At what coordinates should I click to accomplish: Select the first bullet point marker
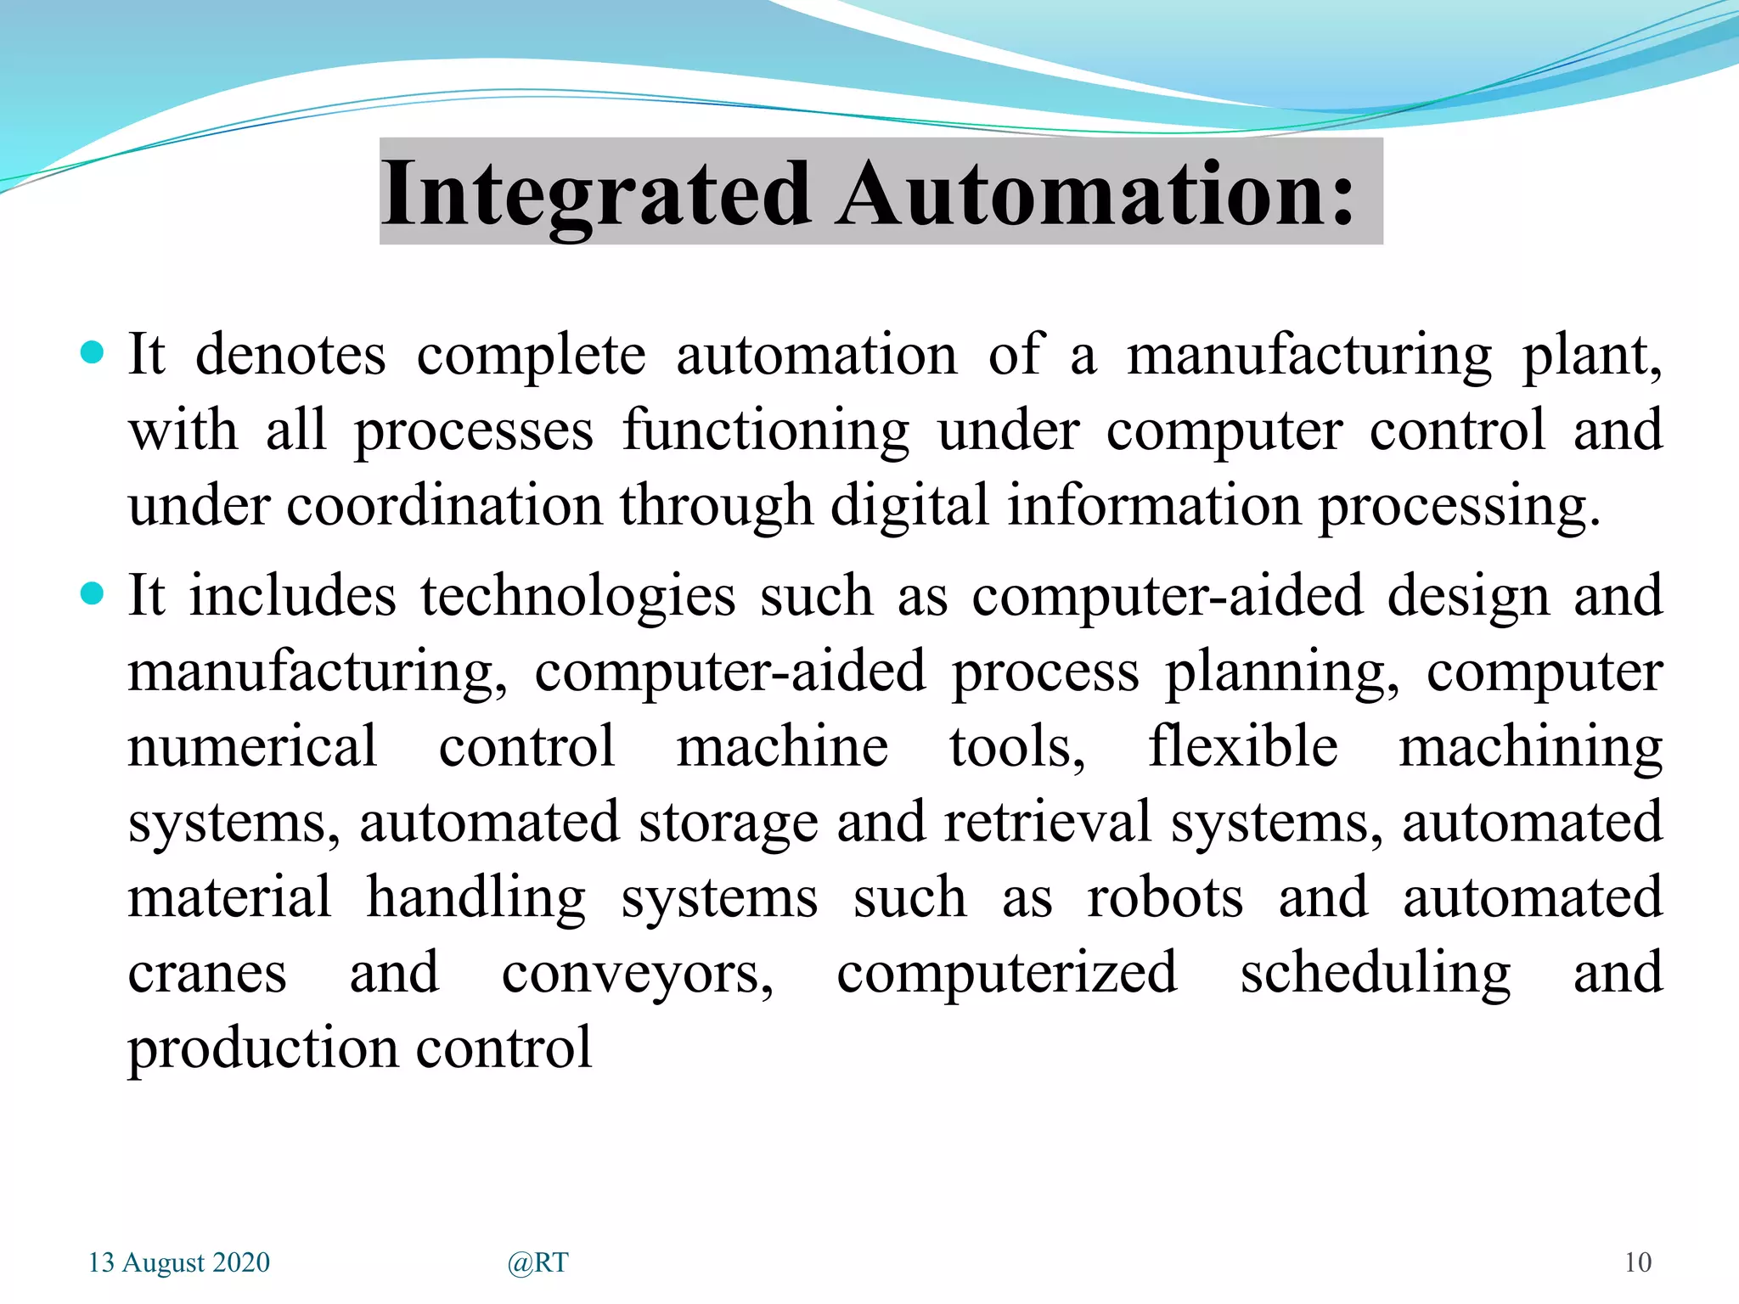coord(92,352)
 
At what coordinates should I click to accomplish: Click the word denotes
coord(290,354)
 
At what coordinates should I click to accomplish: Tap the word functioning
coord(766,430)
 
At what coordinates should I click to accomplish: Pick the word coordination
coord(444,506)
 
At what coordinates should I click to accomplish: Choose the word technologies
coord(577,596)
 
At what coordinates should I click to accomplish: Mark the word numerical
coord(252,746)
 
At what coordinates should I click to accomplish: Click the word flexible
coord(1242,746)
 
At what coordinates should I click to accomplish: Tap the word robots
coord(1165,897)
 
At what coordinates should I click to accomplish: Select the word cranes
coord(207,973)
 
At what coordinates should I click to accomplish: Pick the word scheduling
coord(1375,973)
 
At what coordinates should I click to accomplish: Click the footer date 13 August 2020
coord(179,1262)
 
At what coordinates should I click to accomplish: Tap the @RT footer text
coord(537,1263)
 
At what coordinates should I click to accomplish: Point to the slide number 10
coord(1638,1262)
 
